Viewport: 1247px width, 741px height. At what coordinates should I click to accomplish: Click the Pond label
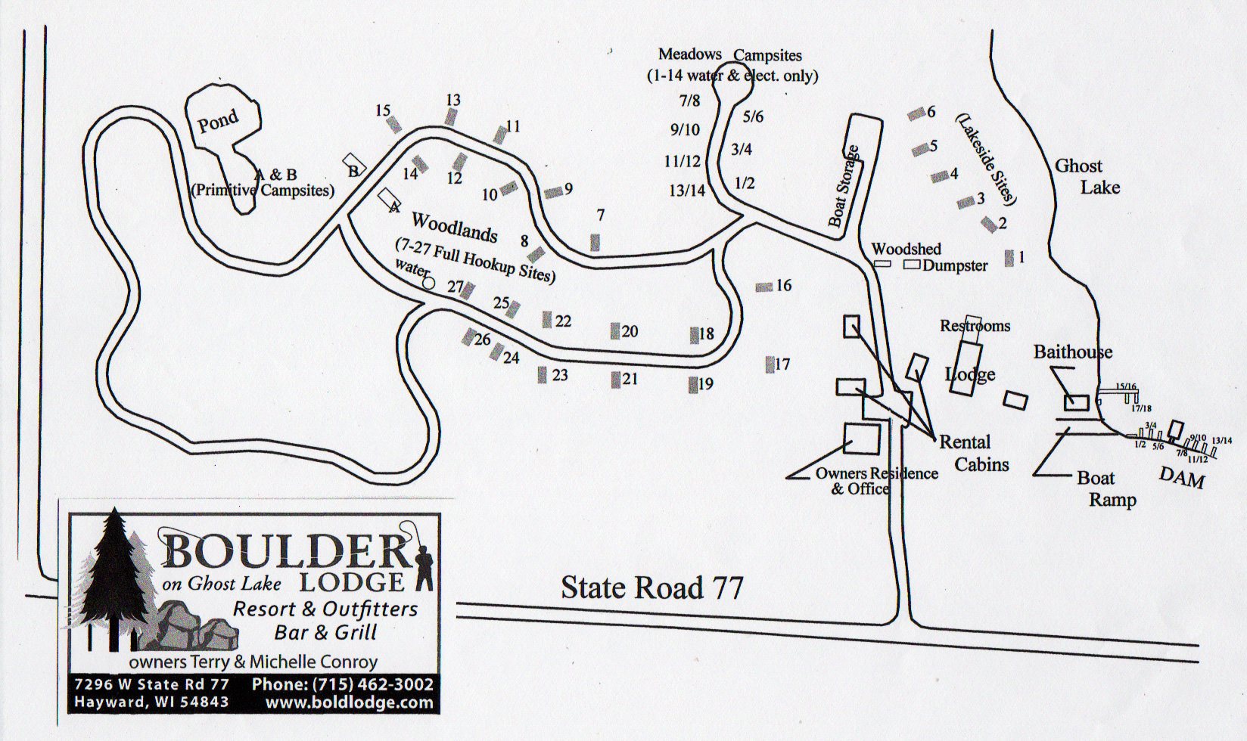218,121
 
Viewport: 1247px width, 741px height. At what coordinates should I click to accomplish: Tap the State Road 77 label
651,588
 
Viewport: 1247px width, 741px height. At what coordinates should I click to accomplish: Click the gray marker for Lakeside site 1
1009,258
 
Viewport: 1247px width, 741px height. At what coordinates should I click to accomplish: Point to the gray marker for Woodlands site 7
596,242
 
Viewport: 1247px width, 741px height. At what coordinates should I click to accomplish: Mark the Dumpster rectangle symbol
912,265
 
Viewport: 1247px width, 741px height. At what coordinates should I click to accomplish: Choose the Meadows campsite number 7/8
689,101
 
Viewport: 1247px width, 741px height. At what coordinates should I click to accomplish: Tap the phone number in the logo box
343,684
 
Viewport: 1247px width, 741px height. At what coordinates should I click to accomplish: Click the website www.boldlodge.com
349,702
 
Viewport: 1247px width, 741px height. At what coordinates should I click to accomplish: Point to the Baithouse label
1072,352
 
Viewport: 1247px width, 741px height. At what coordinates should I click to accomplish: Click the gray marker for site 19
693,385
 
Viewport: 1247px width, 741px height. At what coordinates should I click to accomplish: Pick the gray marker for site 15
394,124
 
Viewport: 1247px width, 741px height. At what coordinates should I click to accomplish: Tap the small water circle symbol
429,284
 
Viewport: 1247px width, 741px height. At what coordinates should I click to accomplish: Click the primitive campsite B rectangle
354,164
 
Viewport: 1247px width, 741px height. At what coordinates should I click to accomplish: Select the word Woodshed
906,249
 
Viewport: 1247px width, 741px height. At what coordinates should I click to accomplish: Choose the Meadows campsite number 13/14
686,191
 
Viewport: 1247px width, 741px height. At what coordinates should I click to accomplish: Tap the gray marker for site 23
542,374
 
